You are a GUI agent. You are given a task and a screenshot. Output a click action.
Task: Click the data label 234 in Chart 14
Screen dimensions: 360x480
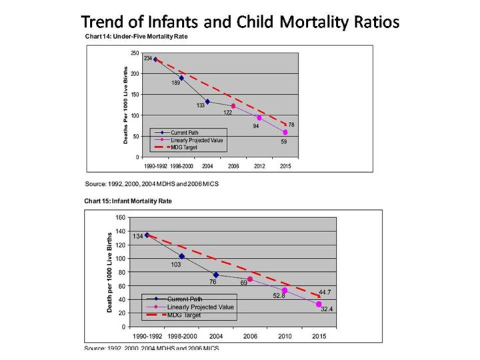[147, 59]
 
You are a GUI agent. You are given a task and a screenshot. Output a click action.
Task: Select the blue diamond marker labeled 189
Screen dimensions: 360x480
[181, 78]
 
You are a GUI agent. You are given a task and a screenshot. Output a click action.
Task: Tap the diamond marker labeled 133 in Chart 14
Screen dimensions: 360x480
[207, 101]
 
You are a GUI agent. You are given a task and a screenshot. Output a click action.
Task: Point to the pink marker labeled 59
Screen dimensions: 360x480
[285, 132]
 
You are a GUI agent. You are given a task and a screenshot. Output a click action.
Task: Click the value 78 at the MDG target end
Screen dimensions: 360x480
[291, 125]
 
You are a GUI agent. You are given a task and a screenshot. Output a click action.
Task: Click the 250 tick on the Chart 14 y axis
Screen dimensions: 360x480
[135, 53]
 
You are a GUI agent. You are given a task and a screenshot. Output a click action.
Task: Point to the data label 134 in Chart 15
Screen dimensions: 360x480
[137, 235]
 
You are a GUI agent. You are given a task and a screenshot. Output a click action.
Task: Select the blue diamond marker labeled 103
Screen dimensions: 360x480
[181, 256]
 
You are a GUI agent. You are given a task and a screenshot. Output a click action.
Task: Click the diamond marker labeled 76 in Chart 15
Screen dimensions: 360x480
[216, 275]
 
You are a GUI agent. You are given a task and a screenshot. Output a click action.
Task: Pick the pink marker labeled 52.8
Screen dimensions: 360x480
[285, 290]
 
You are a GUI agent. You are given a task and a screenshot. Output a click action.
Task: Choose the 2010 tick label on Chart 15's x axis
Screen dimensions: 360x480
[285, 336]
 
